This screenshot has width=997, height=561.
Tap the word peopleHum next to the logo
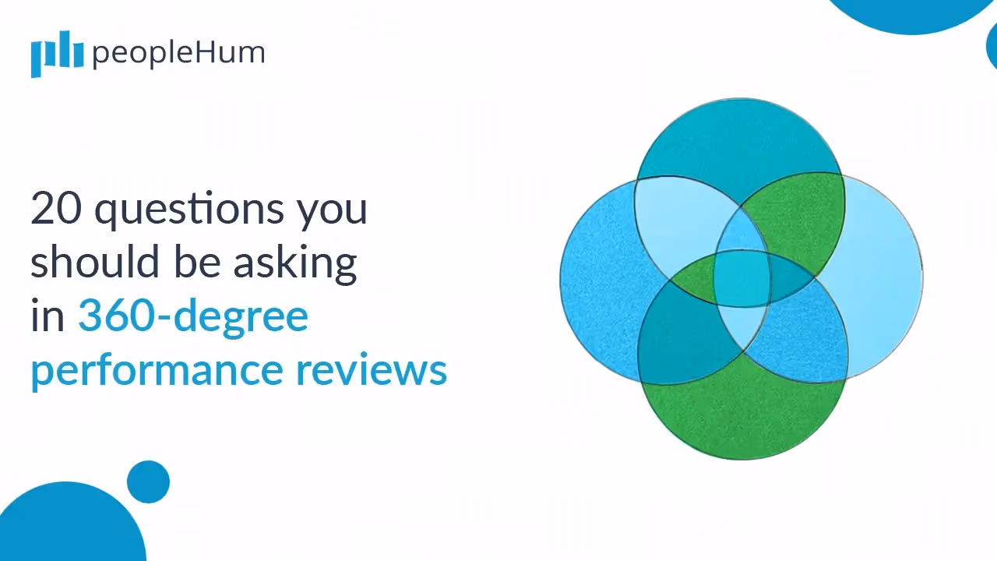(178, 53)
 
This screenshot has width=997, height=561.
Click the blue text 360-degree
(192, 316)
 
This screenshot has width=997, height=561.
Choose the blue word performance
(157, 371)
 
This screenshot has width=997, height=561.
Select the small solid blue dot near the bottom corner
(148, 482)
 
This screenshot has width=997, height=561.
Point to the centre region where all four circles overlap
(742, 278)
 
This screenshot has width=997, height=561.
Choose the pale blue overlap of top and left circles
(678, 218)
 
